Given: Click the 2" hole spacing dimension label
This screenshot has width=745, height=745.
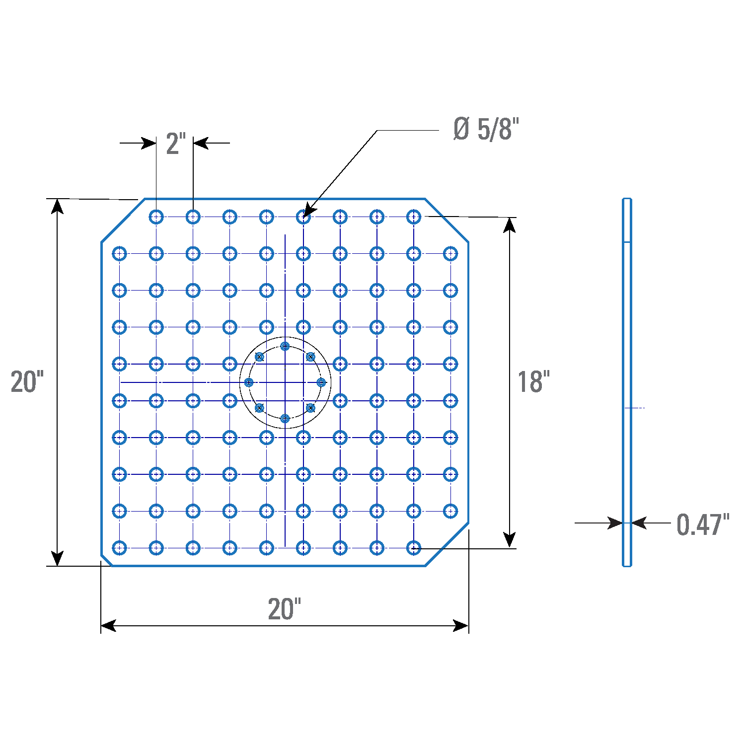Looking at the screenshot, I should [x=176, y=144].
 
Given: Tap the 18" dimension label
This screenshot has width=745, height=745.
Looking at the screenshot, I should [x=534, y=382].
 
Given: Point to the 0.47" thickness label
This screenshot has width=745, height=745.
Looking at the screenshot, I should [x=703, y=524].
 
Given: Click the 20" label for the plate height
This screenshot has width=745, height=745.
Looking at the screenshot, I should [x=27, y=382].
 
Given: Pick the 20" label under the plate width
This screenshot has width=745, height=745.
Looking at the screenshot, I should [x=285, y=609].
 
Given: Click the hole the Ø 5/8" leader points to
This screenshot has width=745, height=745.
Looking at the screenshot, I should [x=303, y=217].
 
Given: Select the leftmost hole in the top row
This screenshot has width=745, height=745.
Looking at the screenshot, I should [x=156, y=217].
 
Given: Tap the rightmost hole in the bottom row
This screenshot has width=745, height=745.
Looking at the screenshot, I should [x=414, y=548].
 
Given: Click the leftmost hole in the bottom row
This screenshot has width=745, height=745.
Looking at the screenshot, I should [x=120, y=548].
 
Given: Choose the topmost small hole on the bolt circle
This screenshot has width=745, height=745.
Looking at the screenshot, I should [x=285, y=346].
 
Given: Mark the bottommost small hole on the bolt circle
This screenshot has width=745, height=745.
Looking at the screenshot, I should [x=285, y=419].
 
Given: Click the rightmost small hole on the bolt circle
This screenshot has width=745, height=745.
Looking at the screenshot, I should [x=321, y=382].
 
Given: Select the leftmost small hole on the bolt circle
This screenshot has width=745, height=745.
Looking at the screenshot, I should [x=249, y=382].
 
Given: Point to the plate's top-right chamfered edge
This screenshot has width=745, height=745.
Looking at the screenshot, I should [x=447, y=221].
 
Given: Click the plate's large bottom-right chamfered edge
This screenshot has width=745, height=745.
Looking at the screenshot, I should [x=447, y=544].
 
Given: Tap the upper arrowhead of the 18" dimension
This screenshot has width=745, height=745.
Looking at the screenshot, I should [x=509, y=225].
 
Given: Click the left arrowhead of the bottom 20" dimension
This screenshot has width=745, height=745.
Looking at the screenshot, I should [x=108, y=626].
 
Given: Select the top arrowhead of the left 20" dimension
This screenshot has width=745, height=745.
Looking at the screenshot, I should [x=58, y=206].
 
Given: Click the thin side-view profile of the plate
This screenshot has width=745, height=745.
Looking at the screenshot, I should [x=627, y=382].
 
